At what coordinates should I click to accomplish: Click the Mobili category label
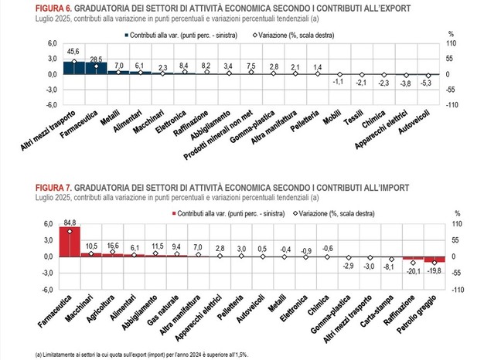332,100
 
